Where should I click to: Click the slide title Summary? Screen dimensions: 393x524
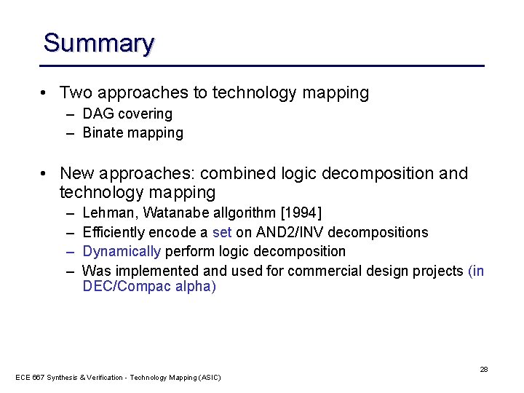(98, 43)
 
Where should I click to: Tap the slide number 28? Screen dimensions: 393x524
(483, 370)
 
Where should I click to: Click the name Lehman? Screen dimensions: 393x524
(110, 213)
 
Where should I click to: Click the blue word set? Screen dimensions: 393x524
(221, 232)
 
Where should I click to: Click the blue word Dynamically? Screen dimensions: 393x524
(122, 252)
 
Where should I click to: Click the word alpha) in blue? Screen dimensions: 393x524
(194, 287)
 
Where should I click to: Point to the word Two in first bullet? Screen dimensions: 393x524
(75, 93)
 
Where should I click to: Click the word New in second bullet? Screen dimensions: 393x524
(77, 174)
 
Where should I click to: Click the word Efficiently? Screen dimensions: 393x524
(114, 232)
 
